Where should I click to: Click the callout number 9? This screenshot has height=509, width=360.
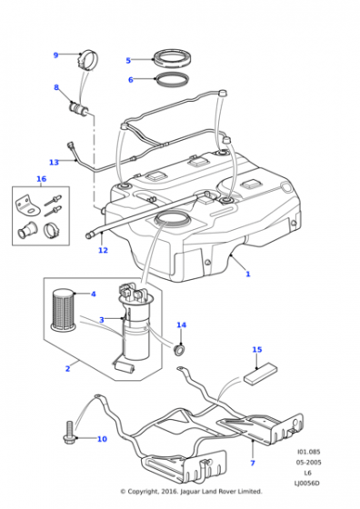coord(55,55)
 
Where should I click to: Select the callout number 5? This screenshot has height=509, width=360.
coord(128,61)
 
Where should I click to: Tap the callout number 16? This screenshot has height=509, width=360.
coord(39,179)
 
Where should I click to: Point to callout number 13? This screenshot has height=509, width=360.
coord(54,163)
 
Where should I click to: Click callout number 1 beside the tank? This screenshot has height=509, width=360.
coord(247,273)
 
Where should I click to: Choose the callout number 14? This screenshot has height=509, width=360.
coord(180,324)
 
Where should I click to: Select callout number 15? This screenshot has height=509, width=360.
coord(256,349)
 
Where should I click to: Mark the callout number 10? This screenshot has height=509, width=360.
coord(102,439)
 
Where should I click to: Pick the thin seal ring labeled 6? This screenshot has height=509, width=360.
coord(170,82)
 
